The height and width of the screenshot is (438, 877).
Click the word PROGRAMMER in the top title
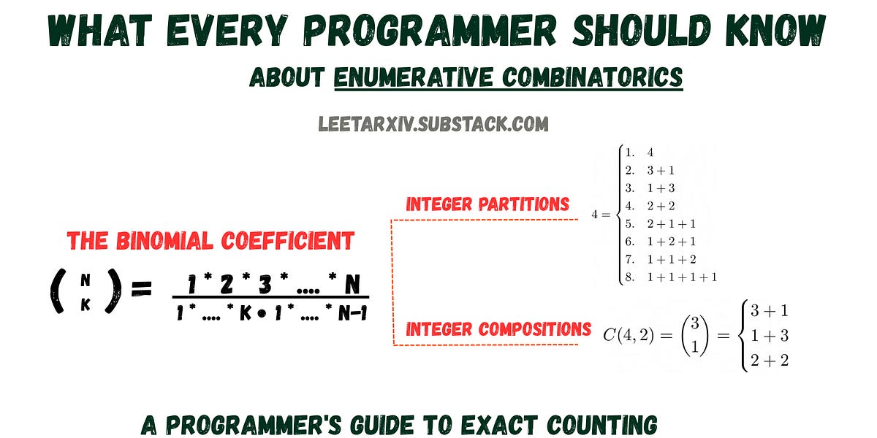pyautogui.click(x=430, y=31)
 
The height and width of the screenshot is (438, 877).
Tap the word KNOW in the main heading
pyautogui.click(x=775, y=31)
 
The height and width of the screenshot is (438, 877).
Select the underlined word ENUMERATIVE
pyautogui.click(x=414, y=77)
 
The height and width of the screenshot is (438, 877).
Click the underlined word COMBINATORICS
pyautogui.click(x=593, y=77)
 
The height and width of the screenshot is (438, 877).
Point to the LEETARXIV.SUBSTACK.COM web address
pyautogui.click(x=433, y=124)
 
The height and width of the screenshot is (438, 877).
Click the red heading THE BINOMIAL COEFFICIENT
pyautogui.click(x=210, y=240)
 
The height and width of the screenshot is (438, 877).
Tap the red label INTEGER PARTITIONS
pyautogui.click(x=487, y=204)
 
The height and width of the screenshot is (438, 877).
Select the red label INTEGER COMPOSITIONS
pyautogui.click(x=498, y=329)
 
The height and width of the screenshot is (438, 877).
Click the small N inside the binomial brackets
pyautogui.click(x=86, y=280)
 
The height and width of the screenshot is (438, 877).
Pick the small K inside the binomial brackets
pyautogui.click(x=86, y=304)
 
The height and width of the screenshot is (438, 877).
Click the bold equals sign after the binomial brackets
pyautogui.click(x=142, y=289)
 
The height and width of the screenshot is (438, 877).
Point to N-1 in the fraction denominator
pyautogui.click(x=353, y=313)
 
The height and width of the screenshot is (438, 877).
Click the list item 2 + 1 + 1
pyautogui.click(x=671, y=223)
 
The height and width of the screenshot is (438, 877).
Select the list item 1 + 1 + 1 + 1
pyautogui.click(x=682, y=277)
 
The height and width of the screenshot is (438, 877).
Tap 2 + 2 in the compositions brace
pyautogui.click(x=770, y=360)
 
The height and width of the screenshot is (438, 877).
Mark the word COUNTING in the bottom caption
pyautogui.click(x=602, y=425)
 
